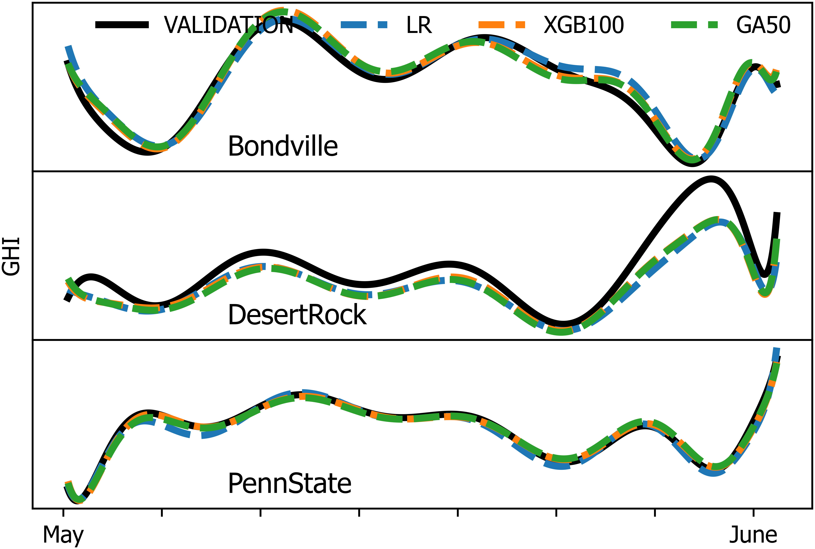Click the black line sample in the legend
[122, 25]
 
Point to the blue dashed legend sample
[364, 25]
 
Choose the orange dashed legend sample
[502, 25]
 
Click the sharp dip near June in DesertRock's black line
[765, 275]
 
